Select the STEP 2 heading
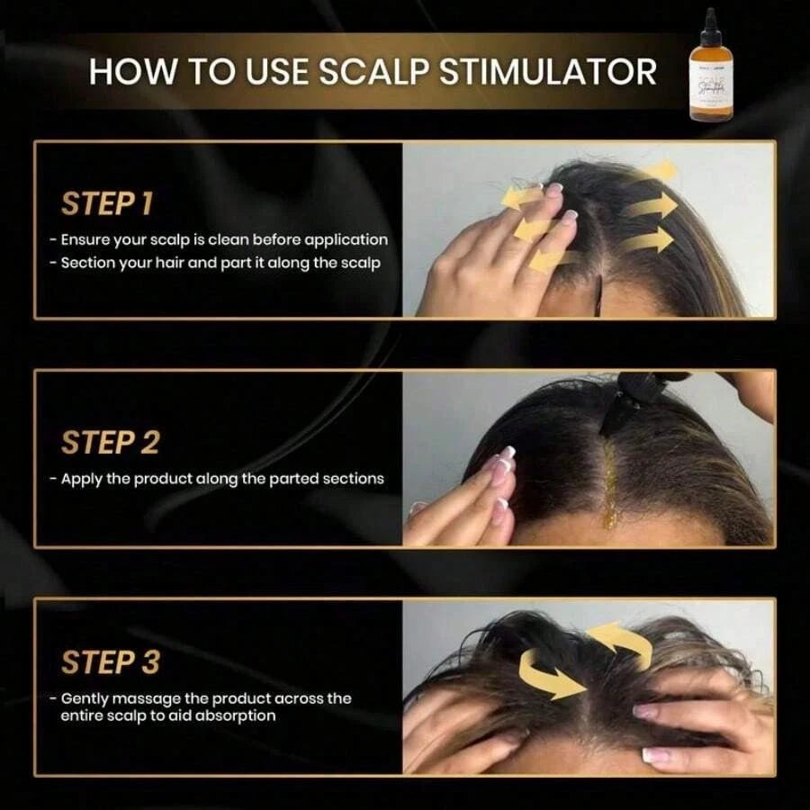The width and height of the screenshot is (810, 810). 110,443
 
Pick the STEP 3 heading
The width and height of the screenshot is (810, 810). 110,662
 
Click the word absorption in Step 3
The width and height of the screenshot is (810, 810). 237,715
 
